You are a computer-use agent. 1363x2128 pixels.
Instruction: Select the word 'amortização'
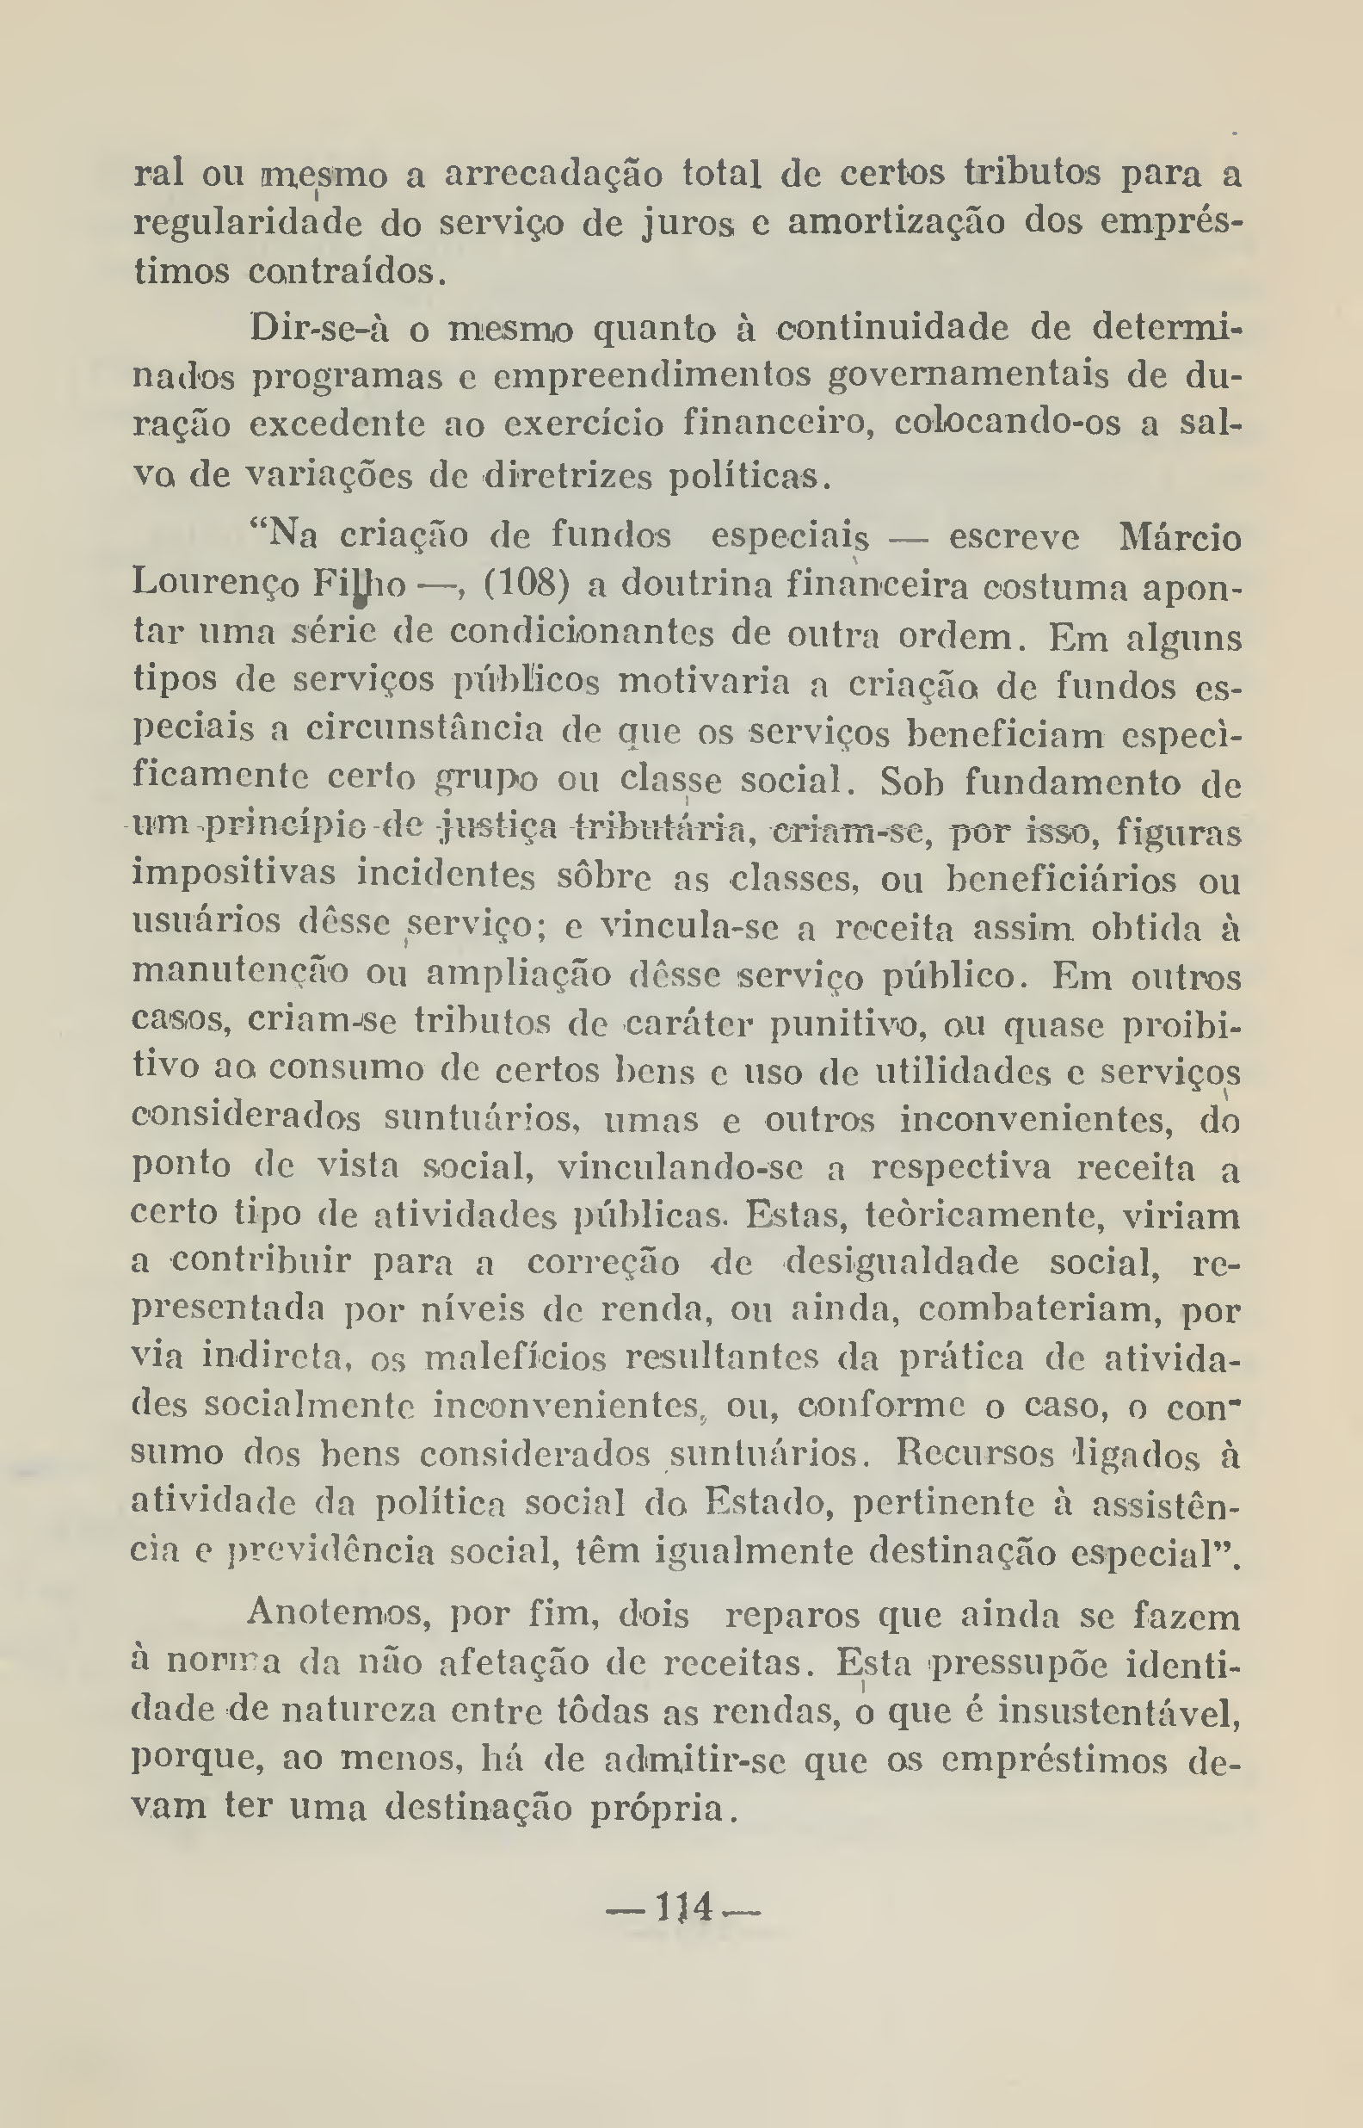click(x=896, y=221)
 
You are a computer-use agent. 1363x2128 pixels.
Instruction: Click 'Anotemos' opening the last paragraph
click(x=339, y=1615)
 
